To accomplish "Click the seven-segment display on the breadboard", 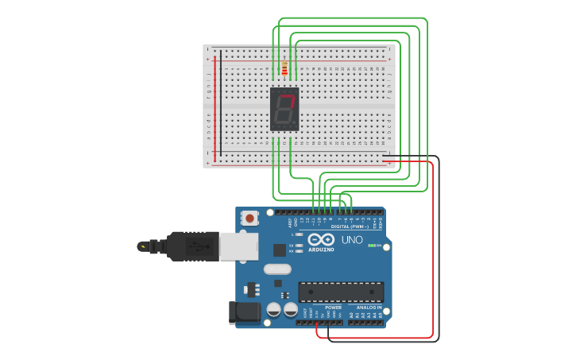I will pyautogui.click(x=284, y=109).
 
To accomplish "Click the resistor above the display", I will pyautogui.click(x=284, y=69).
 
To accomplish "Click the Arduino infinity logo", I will pyautogui.click(x=321, y=240).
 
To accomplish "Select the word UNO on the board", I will pyautogui.click(x=352, y=240).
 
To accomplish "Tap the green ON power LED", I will pyautogui.click(x=371, y=246).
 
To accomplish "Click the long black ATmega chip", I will pyautogui.click(x=341, y=292).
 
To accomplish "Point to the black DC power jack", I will pyautogui.click(x=244, y=312).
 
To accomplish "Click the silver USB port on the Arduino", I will pyautogui.click(x=238, y=246).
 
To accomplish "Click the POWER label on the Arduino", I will pyautogui.click(x=333, y=307).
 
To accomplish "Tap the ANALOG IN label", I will pyautogui.click(x=369, y=307).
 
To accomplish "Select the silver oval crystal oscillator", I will pyautogui.click(x=277, y=269).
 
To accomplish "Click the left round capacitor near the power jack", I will pyautogui.click(x=273, y=309).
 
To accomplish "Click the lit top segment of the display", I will pyautogui.click(x=286, y=95).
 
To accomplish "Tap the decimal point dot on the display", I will pyautogui.click(x=295, y=122).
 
